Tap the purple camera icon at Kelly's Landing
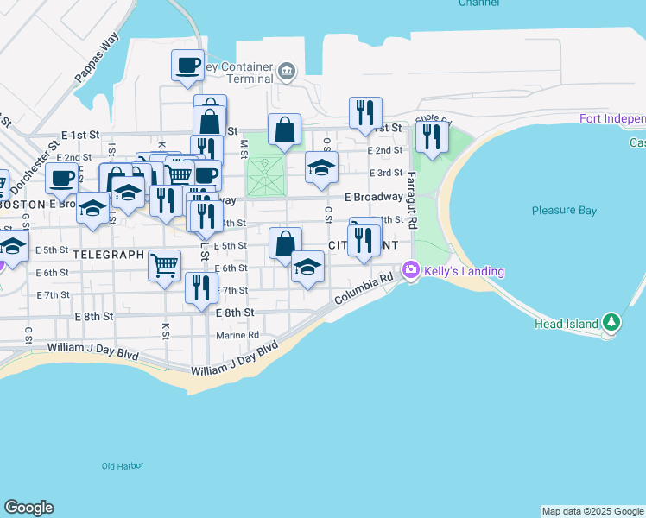(x=411, y=271)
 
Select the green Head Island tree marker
(x=611, y=323)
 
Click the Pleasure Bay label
(x=564, y=210)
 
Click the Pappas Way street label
(x=96, y=59)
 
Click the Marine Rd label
(x=237, y=335)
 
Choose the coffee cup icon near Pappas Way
(x=187, y=66)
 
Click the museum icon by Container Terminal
(x=286, y=69)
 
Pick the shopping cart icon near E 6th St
(x=164, y=265)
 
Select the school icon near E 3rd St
(x=321, y=167)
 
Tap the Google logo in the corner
(x=28, y=508)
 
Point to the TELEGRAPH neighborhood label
(x=108, y=255)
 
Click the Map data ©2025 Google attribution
(x=593, y=511)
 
